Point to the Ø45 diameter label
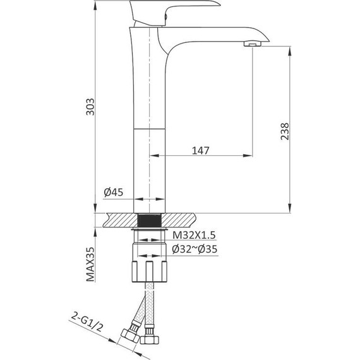pos(113,192)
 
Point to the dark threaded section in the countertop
pos(150,220)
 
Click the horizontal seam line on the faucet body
pos(150,126)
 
